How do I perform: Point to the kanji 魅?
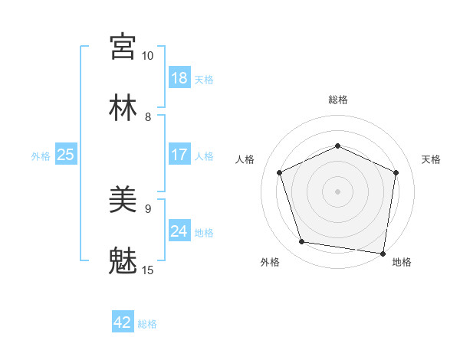click(123, 261)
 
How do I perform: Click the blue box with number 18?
click(179, 78)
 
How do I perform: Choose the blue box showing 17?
click(179, 155)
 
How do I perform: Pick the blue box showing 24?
click(179, 231)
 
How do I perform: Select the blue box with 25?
click(66, 155)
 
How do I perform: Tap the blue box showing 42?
click(123, 322)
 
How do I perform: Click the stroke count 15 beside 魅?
click(148, 270)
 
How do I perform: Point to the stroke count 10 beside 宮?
click(148, 56)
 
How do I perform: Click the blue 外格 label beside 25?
click(41, 155)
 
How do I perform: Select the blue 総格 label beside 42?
click(147, 323)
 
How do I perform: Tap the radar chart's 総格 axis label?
click(338, 100)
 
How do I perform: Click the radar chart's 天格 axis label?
click(431, 159)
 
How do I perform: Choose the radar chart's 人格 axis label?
click(245, 159)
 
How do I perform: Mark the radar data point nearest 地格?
click(383, 253)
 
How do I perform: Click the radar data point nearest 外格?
click(302, 242)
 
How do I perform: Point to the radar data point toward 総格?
click(337, 145)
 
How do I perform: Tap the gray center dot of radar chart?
click(337, 191)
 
